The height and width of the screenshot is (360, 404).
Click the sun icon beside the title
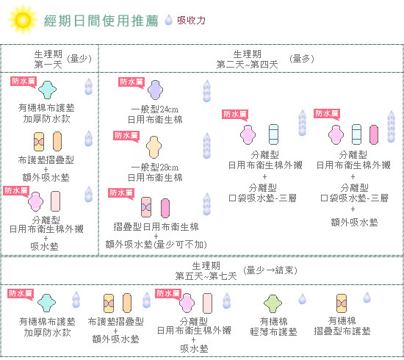tap(23, 20)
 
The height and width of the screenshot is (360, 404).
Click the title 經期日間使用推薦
tap(101, 21)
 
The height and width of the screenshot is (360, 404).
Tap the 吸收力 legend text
tap(191, 21)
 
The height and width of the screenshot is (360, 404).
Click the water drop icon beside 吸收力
tap(168, 20)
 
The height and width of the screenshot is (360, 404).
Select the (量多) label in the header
tap(302, 59)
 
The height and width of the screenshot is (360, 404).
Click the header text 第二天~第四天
tap(247, 65)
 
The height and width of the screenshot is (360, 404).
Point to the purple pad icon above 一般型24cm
tap(155, 90)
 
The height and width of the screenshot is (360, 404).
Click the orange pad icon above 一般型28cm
tap(154, 147)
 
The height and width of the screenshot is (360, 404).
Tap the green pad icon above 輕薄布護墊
tap(273, 303)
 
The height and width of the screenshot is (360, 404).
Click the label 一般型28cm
tap(155, 168)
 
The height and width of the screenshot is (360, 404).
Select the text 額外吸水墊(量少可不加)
tap(156, 245)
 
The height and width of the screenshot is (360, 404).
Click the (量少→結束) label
tap(270, 270)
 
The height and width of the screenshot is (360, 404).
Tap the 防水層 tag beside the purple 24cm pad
tap(131, 83)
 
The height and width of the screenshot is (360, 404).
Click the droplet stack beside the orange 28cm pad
tap(207, 145)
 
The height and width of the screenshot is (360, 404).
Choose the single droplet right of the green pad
tap(302, 299)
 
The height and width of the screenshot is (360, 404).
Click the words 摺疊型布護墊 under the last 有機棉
tap(342, 331)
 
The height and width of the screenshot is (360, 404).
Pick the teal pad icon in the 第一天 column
tap(47, 90)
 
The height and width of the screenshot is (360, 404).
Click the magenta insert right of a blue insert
tap(374, 134)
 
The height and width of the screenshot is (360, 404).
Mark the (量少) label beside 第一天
tap(79, 59)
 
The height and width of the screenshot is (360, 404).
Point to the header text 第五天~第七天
tap(206, 276)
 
